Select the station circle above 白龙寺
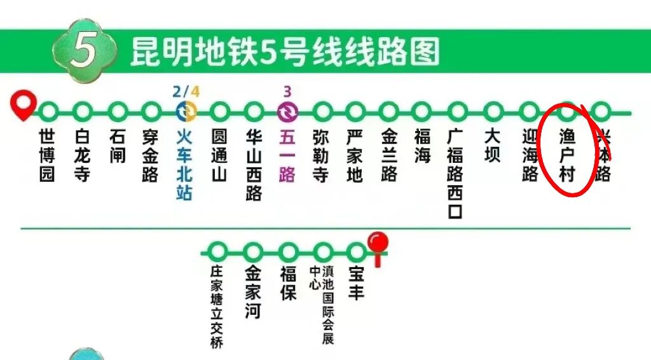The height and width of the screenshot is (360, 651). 83,113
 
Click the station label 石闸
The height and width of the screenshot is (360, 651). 118,146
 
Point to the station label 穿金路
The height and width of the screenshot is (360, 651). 150,156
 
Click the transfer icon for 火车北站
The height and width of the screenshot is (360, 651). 186,113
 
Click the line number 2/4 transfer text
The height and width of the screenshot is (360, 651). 186,91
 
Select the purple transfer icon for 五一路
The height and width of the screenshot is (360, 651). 287,113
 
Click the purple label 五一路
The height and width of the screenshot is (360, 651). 287,156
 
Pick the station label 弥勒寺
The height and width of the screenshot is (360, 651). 321,156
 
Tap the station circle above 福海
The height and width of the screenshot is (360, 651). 422,113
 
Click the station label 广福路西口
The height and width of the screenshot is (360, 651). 455,174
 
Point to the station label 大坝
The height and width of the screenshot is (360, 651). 493,146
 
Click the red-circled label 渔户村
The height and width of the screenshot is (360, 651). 566,156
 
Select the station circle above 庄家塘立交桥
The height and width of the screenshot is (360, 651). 218,251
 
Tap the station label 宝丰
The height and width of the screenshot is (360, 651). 357,283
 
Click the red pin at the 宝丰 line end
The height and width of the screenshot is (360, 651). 379,244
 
